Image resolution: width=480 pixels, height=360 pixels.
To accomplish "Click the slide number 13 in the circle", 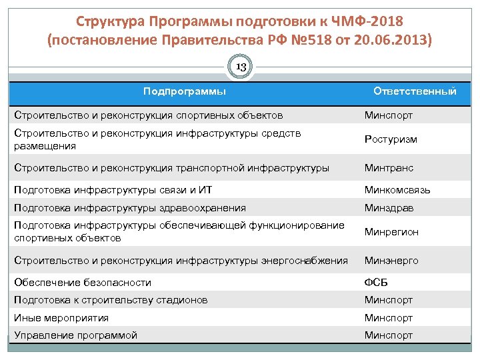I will pos(241,67).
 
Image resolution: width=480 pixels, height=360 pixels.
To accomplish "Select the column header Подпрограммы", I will pos(185,91).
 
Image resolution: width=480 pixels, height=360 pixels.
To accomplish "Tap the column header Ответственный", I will pos(415,91).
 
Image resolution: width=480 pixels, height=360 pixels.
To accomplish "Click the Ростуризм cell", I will pos(391,139).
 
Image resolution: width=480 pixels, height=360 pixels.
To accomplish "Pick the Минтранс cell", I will pos(389,168).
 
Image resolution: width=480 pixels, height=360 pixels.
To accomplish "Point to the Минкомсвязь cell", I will pos(397,190).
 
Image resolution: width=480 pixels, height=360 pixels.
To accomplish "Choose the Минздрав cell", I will pos(389,208).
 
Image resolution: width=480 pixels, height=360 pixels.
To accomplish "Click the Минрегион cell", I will pos(391,232).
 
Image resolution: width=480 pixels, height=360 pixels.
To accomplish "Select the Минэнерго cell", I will pos(391,261).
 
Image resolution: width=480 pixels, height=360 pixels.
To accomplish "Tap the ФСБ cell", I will pos(376,283).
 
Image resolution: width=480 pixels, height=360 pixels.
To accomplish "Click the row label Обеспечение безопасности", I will pos(83,283).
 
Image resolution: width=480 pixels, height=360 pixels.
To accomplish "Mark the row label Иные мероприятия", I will pos(61,318).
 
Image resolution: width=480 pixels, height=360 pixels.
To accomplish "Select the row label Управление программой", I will pos(75,335).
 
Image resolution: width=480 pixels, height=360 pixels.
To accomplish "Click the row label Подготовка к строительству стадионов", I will pos(111,300).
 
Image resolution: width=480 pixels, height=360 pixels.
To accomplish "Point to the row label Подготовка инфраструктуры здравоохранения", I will pos(130,208).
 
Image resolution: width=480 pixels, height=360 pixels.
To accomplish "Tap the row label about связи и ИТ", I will pos(113,190).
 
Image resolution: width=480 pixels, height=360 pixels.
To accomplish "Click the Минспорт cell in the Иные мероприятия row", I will pos(389,318).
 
